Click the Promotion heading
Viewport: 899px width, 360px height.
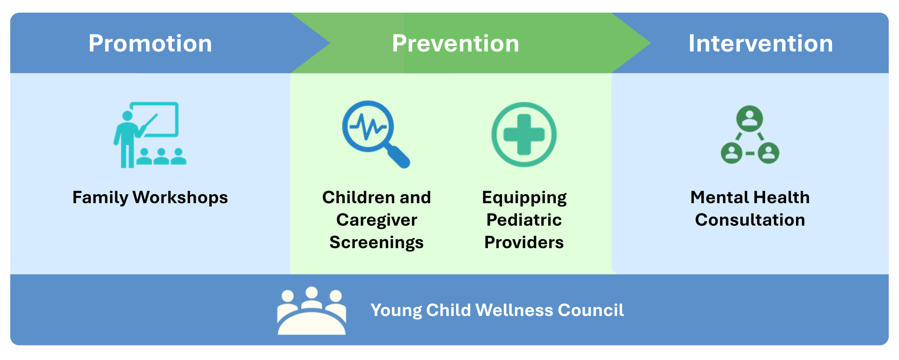(x=150, y=44)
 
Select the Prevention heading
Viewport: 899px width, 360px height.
(x=456, y=44)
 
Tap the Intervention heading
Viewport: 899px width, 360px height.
(x=761, y=44)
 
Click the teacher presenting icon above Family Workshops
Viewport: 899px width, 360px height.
(x=150, y=135)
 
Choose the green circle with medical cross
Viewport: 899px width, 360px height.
(x=524, y=134)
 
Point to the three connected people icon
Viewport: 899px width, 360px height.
(x=750, y=134)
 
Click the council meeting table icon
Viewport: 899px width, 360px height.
(x=312, y=311)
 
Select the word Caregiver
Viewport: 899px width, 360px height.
(x=376, y=220)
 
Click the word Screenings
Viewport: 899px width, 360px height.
(x=376, y=242)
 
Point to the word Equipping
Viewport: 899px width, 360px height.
(x=524, y=198)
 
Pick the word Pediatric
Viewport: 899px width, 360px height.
(x=524, y=220)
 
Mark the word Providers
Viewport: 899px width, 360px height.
(x=524, y=242)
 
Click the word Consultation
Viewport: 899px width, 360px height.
(x=750, y=220)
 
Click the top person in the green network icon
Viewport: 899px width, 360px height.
(x=750, y=119)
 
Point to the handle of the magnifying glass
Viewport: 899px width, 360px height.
(x=397, y=156)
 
